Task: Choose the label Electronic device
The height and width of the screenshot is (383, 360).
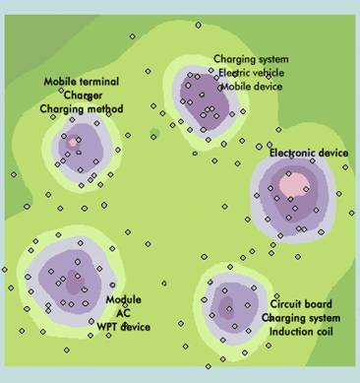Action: tap(308, 153)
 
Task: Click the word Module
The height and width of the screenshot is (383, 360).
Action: tap(123, 299)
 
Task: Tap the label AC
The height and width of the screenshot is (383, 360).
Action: tap(123, 312)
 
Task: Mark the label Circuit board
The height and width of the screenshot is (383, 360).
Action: tap(301, 304)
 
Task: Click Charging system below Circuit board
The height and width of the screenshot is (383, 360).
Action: tap(301, 317)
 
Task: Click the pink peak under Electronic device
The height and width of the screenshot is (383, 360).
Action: tap(292, 182)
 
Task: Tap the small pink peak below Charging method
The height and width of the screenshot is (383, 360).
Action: tap(73, 141)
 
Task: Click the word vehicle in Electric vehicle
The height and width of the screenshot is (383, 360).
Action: tap(266, 72)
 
